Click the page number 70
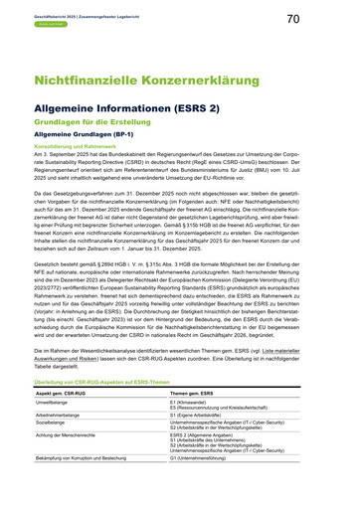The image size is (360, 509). [x=321, y=19]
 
